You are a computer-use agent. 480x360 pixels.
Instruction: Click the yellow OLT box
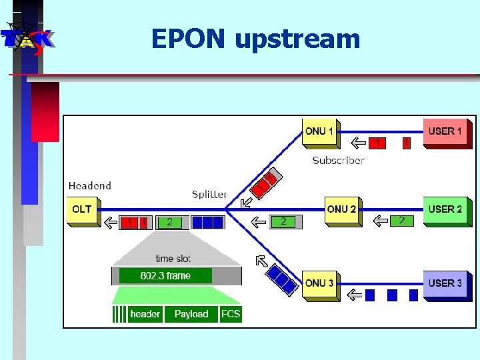point(82,209)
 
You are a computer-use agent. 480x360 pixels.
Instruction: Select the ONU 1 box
point(319,131)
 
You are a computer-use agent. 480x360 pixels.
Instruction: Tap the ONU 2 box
point(341,209)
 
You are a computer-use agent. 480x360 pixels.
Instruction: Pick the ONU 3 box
point(319,283)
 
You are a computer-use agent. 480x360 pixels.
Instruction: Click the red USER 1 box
point(445,131)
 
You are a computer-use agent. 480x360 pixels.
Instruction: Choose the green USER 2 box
point(445,209)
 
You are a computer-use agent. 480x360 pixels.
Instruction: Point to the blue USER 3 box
point(445,283)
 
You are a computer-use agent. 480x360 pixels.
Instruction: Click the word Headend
point(90,186)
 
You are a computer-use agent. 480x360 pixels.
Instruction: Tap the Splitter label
point(209,195)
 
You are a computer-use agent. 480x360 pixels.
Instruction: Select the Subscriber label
point(339,160)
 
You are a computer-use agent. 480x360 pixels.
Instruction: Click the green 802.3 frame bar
point(165,276)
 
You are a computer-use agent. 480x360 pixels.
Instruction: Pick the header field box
point(145,314)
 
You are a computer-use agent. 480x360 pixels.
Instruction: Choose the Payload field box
point(191,314)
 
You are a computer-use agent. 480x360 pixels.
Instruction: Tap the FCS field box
point(231,314)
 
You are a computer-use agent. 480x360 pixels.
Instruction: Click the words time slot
point(173,259)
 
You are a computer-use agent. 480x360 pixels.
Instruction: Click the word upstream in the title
point(297,40)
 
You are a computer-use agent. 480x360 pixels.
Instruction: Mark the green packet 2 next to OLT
point(169,222)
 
